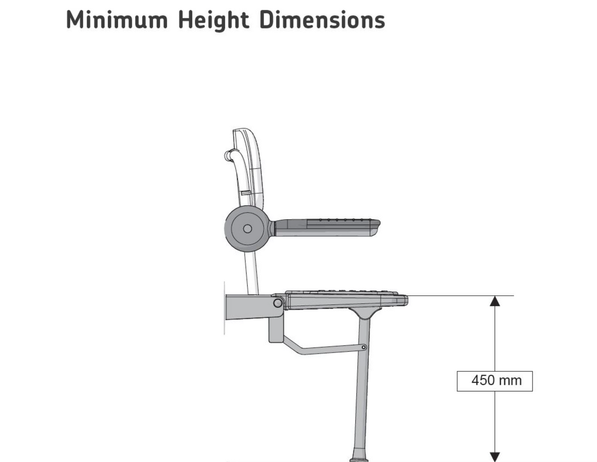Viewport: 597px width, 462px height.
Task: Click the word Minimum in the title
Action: click(x=117, y=20)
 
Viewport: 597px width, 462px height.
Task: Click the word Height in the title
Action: click(x=213, y=20)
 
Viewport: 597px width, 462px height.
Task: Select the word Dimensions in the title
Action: click(x=322, y=20)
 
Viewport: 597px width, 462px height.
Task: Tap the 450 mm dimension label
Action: click(x=495, y=381)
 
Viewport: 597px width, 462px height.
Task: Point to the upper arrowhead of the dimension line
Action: click(x=495, y=301)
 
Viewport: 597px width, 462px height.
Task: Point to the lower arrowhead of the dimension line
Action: click(x=495, y=457)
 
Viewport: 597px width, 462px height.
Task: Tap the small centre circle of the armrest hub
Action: click(x=247, y=229)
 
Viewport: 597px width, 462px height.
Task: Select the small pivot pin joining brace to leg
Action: click(x=363, y=347)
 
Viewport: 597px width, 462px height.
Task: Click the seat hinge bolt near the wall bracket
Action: click(x=277, y=303)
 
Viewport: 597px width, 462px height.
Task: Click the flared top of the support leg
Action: click(x=363, y=314)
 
